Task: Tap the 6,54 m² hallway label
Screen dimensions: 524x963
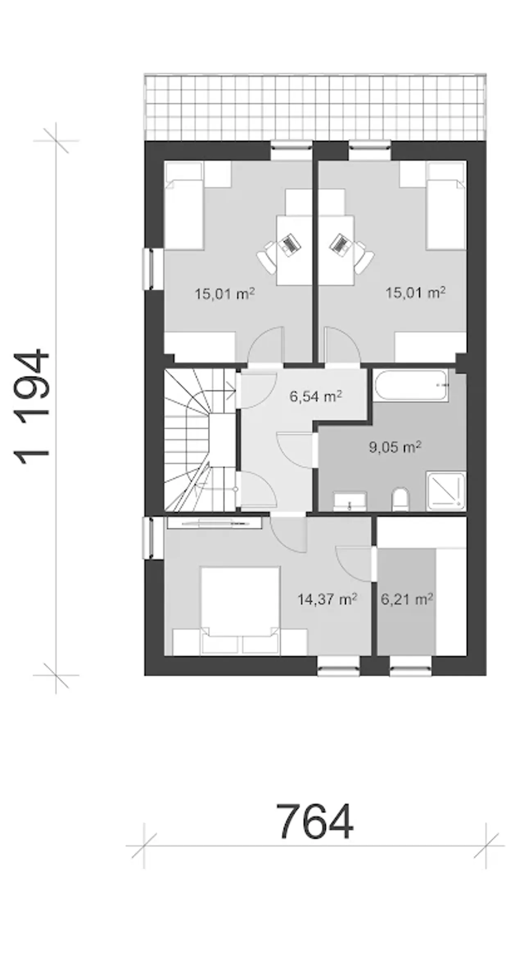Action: (x=316, y=397)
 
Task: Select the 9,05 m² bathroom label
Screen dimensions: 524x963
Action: (x=395, y=447)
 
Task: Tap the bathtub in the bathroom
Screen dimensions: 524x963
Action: (x=411, y=385)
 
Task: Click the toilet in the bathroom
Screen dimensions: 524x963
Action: (x=400, y=499)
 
